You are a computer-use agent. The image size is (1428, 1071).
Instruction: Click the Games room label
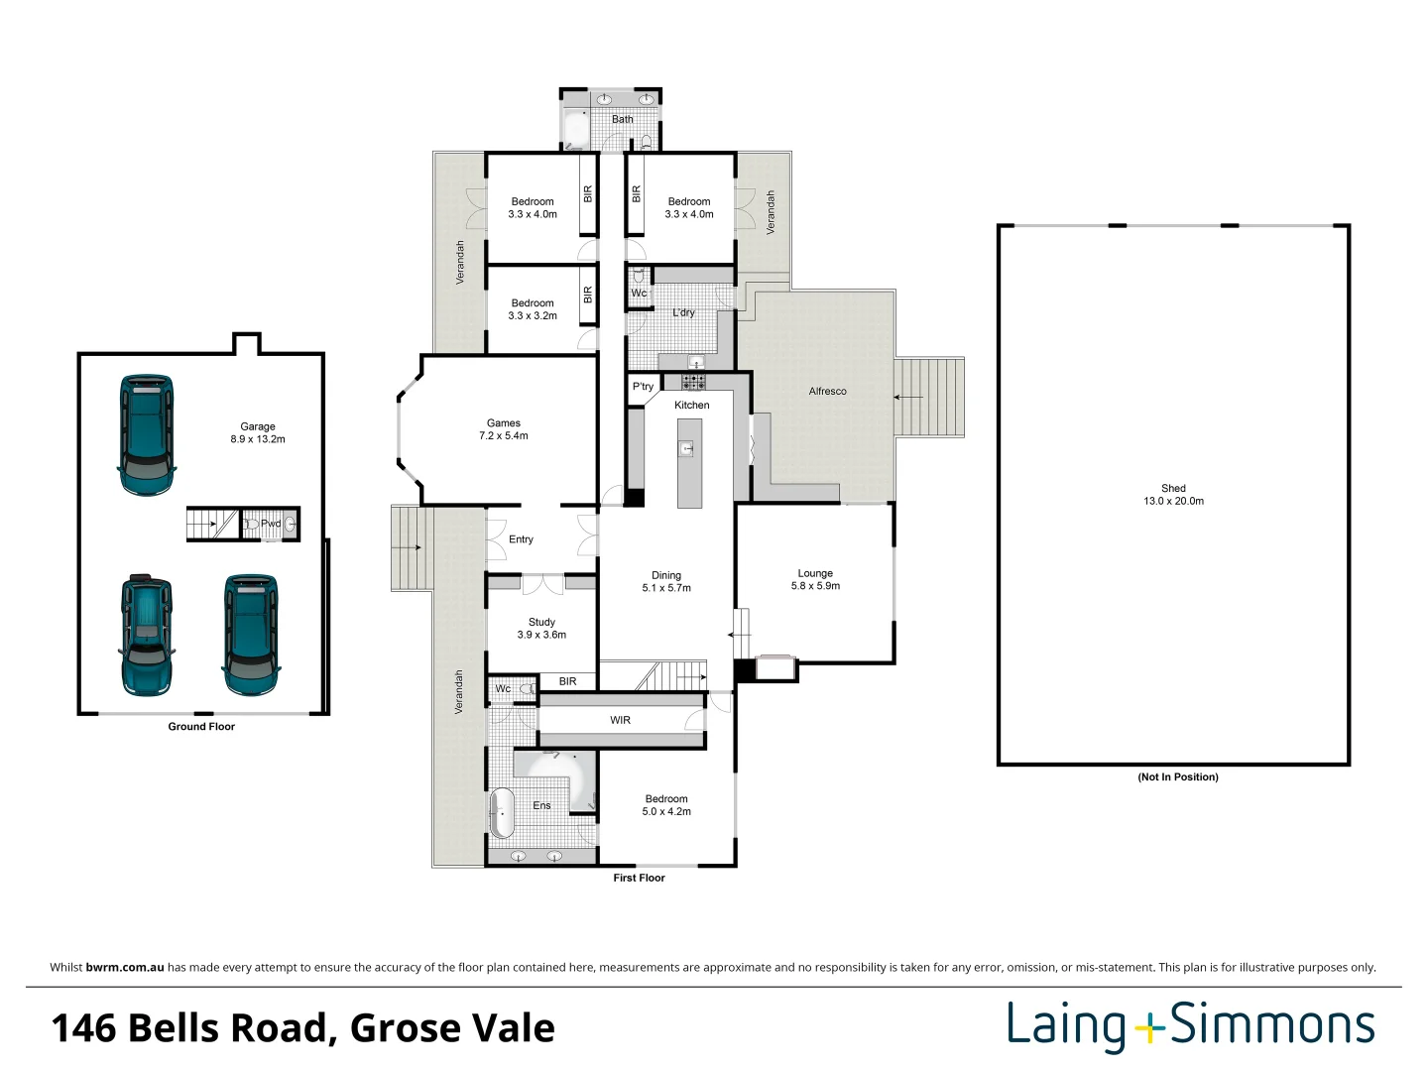[x=504, y=423]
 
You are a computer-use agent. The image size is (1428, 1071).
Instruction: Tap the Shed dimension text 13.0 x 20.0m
[x=1173, y=502]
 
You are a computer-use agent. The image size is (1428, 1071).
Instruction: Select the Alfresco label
[x=827, y=392]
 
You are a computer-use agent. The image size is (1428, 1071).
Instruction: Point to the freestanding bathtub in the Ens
[x=502, y=813]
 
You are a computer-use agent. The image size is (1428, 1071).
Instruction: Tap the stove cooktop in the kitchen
[x=693, y=382]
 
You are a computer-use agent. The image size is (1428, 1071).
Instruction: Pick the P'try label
[x=643, y=387]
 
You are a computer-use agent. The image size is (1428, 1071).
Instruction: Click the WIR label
[x=620, y=721]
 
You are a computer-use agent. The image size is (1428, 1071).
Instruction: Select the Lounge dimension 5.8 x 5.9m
[x=815, y=586]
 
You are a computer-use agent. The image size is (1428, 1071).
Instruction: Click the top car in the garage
[x=148, y=434]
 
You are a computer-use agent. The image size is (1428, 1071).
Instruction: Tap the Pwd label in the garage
[x=270, y=524]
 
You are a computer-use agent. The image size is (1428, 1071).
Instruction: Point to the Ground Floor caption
[x=201, y=727]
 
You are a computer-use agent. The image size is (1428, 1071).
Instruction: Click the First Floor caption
[x=639, y=878]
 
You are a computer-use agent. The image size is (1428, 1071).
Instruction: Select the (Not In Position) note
[x=1177, y=777]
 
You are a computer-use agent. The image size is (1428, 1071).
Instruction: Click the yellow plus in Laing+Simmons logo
[x=1149, y=1028]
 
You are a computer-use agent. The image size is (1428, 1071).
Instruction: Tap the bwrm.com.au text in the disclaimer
[x=125, y=968]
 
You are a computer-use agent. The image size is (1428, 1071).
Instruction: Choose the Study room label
[x=541, y=623]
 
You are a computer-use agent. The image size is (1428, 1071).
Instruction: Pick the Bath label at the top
[x=622, y=120]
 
